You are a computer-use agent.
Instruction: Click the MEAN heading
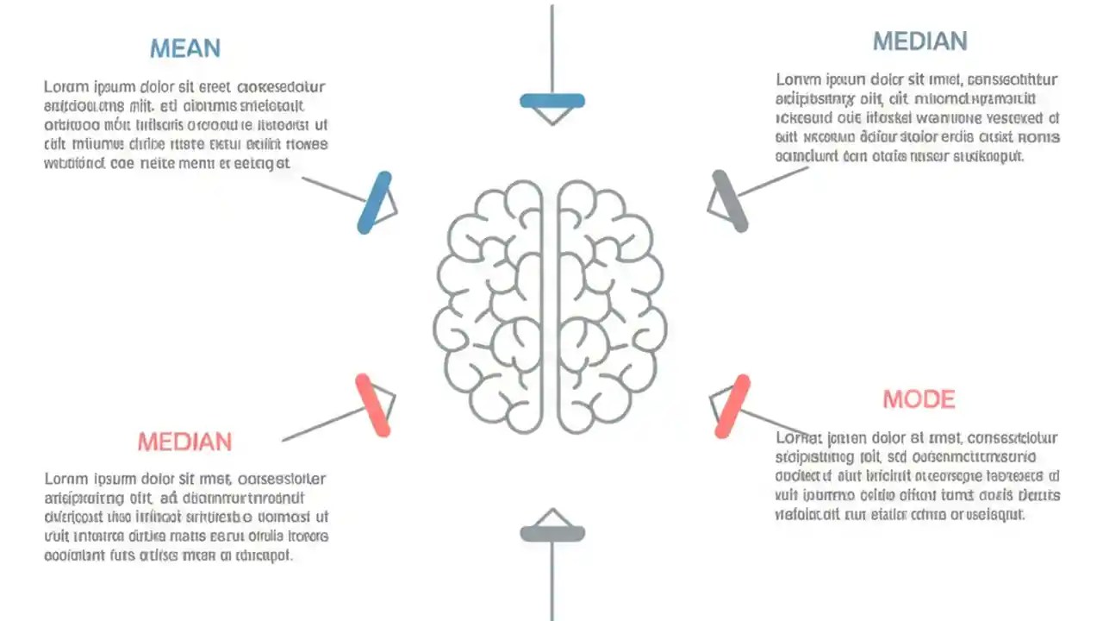pos(185,48)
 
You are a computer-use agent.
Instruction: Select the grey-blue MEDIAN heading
pos(919,41)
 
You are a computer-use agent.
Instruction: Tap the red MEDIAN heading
pos(184,442)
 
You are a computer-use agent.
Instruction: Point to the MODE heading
pos(919,399)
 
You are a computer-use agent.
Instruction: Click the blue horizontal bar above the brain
pos(552,101)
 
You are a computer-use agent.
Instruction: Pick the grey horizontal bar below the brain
pos(552,534)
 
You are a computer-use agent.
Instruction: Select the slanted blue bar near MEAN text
pos(374,203)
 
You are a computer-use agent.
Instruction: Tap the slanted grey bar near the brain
pos(730,201)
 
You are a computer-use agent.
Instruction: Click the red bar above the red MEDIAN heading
pos(373,405)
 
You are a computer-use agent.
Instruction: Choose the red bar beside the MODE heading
pos(732,406)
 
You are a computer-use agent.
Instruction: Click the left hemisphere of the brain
pos(491,306)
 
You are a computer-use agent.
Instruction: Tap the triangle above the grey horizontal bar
pos(552,517)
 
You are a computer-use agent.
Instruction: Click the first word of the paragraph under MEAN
pos(61,87)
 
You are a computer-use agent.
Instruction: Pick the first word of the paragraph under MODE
pos(794,437)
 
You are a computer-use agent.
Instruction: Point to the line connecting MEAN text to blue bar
pos(332,190)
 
